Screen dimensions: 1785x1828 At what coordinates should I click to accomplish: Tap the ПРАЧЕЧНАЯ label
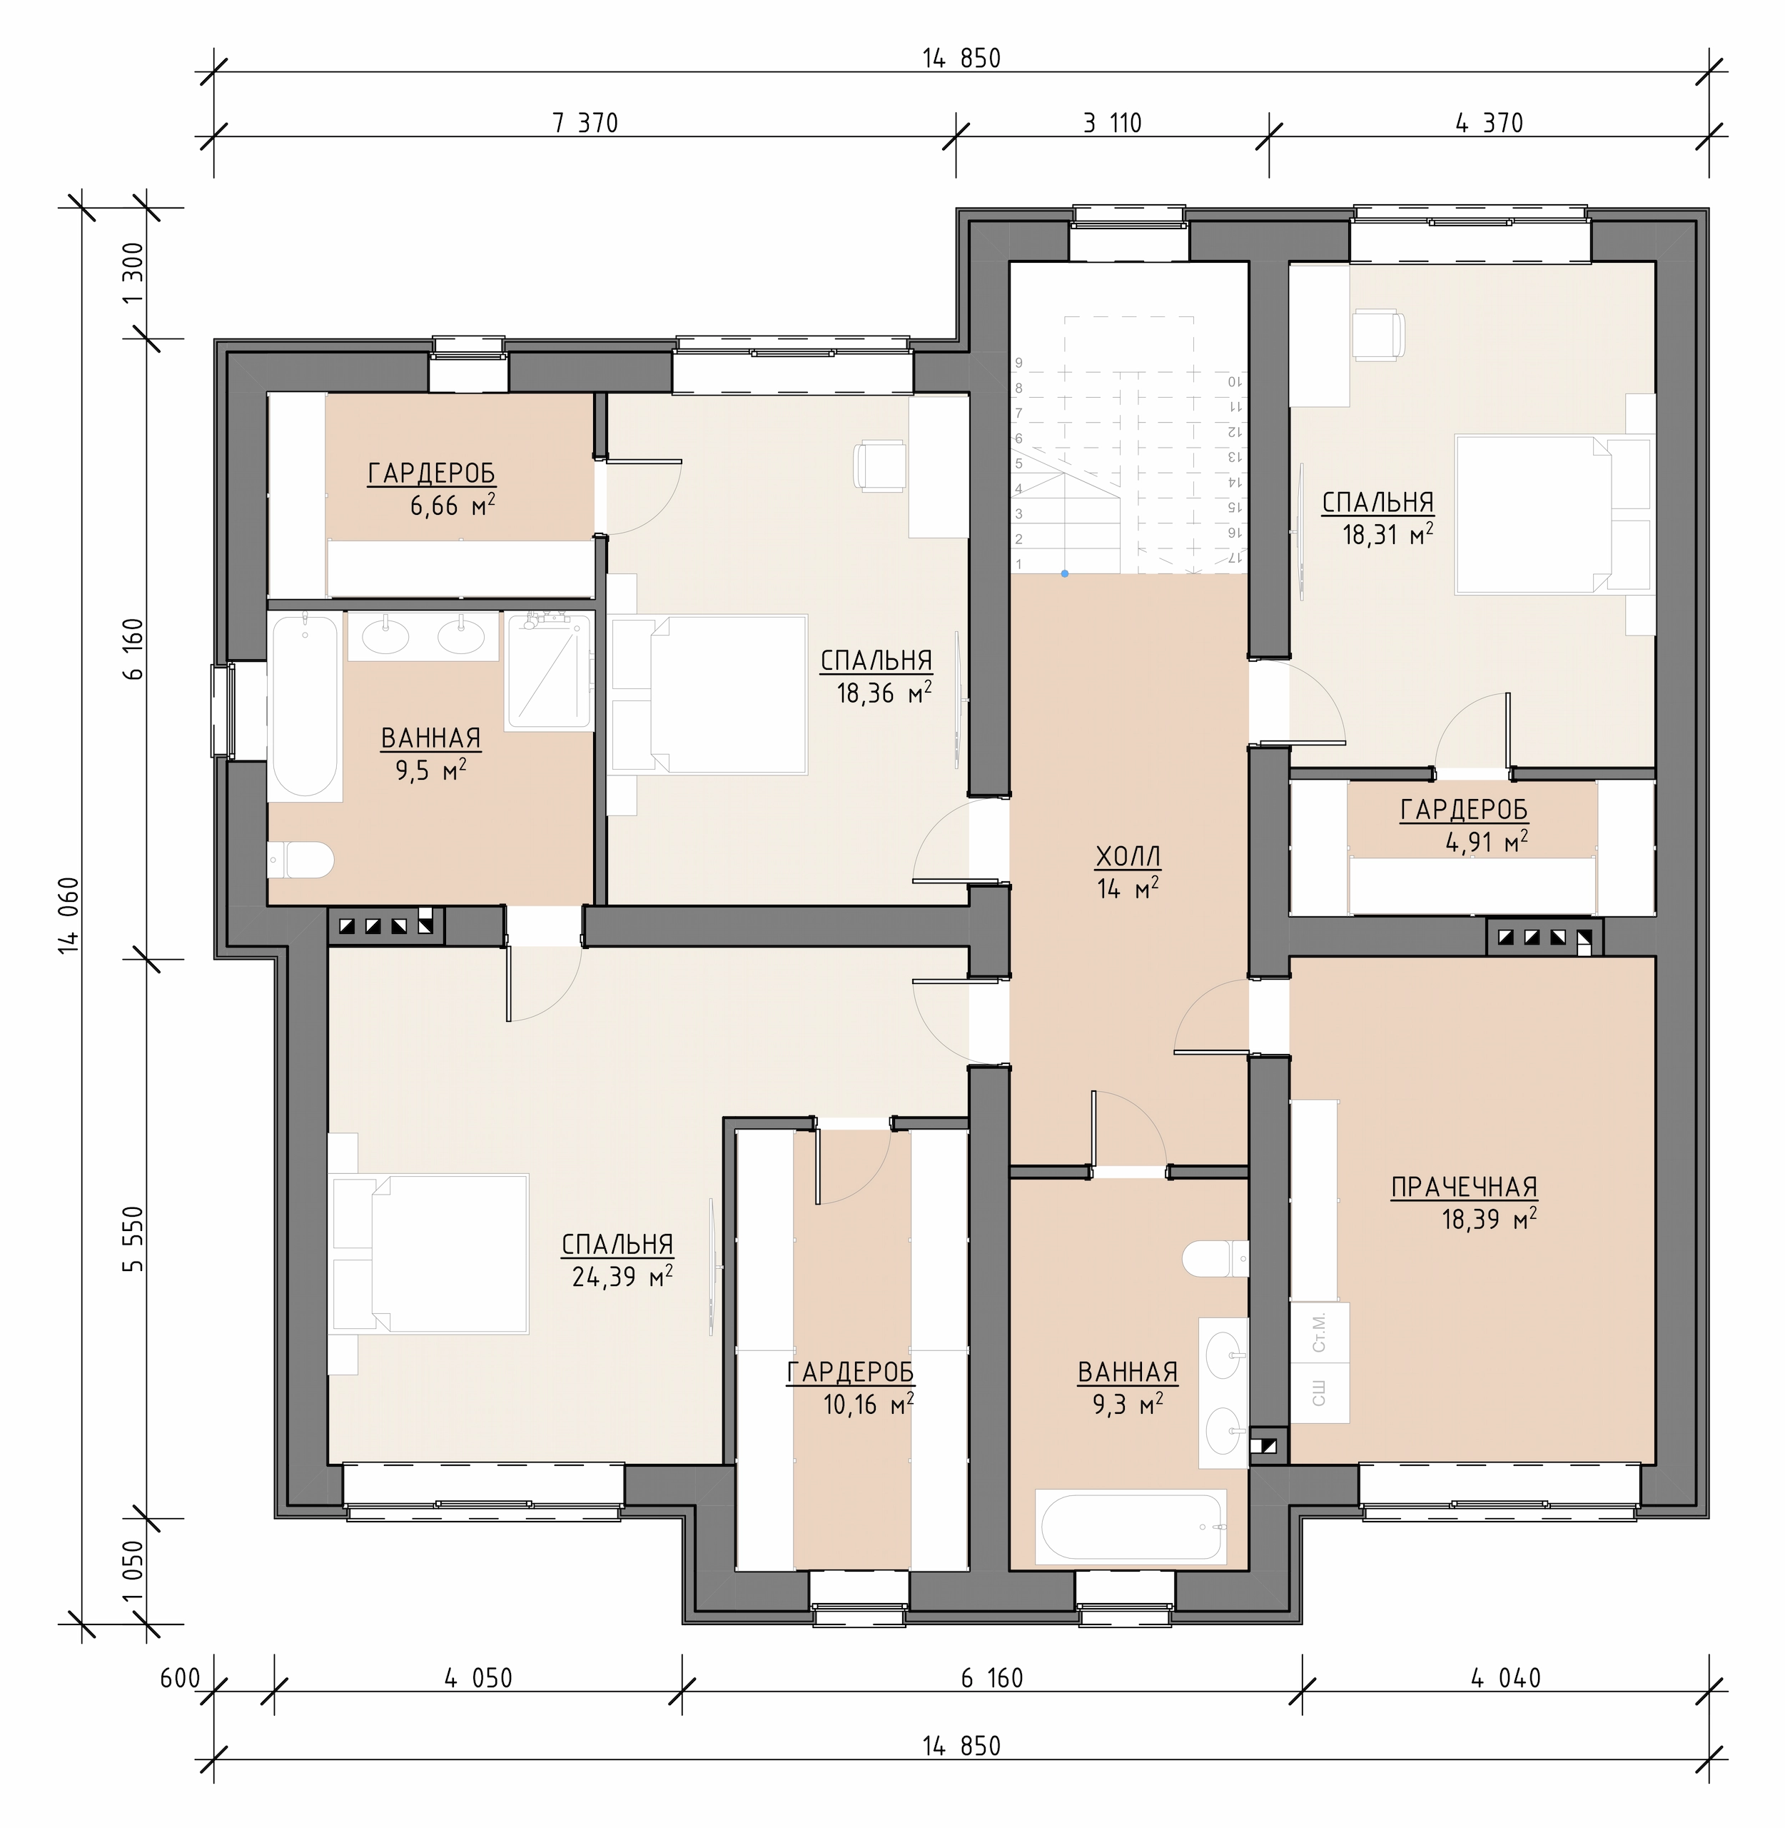(1463, 1187)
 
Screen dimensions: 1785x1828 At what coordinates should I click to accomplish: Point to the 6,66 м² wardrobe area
(452, 506)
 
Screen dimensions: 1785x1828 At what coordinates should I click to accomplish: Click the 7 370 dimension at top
(585, 123)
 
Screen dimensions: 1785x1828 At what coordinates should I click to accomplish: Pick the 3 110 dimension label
(1113, 123)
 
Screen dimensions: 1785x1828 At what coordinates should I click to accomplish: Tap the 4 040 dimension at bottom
(1506, 1678)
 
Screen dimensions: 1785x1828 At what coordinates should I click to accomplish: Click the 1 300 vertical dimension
(133, 273)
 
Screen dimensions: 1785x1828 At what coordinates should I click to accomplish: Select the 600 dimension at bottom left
(180, 1678)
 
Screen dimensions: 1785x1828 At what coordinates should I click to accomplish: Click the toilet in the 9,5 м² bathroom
(301, 859)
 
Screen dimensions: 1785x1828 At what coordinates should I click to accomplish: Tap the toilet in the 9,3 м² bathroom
(1215, 1257)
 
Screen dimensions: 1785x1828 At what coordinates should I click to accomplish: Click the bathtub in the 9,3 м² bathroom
(1131, 1526)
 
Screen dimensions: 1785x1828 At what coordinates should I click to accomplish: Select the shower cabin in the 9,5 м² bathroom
(550, 671)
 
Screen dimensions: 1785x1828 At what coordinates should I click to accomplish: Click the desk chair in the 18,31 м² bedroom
(1379, 336)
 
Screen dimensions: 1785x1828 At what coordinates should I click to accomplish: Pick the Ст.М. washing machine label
(1320, 1332)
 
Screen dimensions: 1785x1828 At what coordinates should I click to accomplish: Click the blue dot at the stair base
(1065, 573)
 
